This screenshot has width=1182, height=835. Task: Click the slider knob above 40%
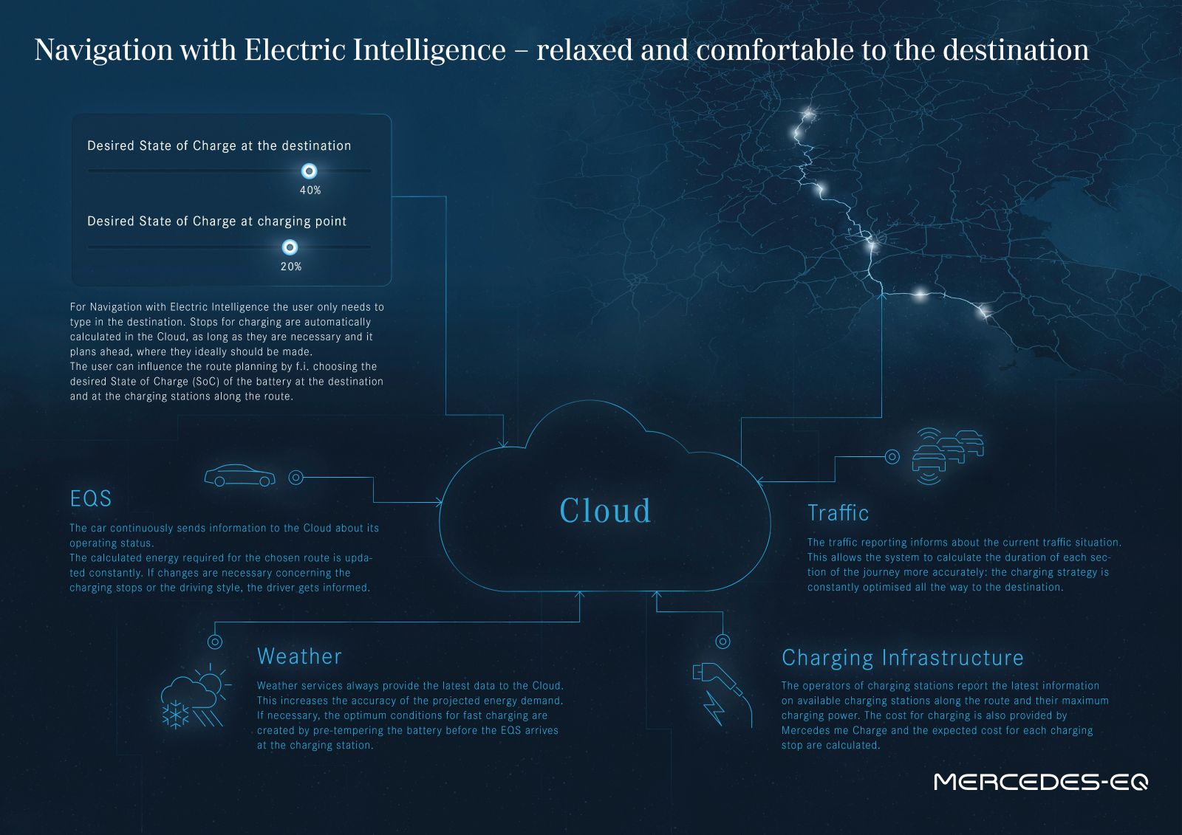310,171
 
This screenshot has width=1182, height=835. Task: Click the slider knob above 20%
290,247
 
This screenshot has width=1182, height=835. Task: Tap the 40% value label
310,190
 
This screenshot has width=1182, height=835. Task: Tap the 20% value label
291,267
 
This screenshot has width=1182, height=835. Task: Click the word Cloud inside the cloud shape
605,511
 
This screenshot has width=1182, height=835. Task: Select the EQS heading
91,498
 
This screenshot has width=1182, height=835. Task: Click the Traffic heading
838,512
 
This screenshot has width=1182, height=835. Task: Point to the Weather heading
299,656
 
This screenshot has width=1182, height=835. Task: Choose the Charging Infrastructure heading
902,659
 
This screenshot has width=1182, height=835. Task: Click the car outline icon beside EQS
240,475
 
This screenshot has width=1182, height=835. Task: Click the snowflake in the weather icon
175,715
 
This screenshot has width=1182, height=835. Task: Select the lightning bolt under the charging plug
714,709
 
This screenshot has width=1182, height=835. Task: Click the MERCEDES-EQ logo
1041,782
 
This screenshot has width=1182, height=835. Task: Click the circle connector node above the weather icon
215,642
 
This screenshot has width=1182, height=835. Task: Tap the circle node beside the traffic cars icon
892,457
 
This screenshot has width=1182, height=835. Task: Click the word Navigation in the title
104,51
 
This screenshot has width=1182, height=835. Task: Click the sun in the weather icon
212,681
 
